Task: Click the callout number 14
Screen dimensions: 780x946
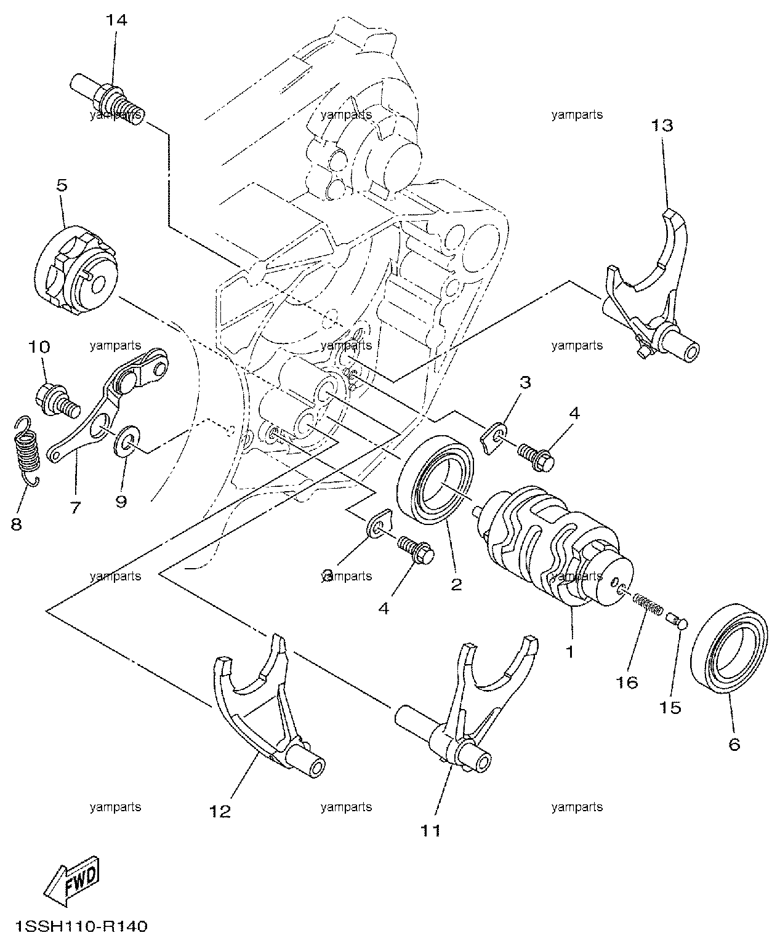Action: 116,20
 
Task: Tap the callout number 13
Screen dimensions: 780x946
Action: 662,126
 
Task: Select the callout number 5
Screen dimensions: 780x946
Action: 62,185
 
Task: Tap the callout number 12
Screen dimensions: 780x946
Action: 220,811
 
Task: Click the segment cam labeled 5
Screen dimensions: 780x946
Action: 76,270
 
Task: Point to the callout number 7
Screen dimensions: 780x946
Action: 75,507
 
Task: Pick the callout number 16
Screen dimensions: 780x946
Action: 627,682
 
